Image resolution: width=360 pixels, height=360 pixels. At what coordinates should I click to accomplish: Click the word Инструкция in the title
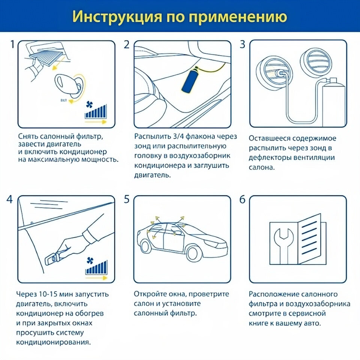coord(117,17)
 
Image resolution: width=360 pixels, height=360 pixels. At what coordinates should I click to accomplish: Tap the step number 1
coord(13,44)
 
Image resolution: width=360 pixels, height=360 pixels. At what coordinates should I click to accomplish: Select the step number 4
coord(9,199)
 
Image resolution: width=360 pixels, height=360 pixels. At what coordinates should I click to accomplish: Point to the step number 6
coord(243,199)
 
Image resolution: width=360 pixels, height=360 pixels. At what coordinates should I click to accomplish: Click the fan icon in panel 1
coord(89,105)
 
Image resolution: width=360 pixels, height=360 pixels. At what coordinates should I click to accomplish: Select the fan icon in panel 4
coord(90,261)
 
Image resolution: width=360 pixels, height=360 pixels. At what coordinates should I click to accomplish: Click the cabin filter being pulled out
coord(47,57)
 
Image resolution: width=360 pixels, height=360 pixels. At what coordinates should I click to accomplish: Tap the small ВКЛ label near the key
coord(64,100)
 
